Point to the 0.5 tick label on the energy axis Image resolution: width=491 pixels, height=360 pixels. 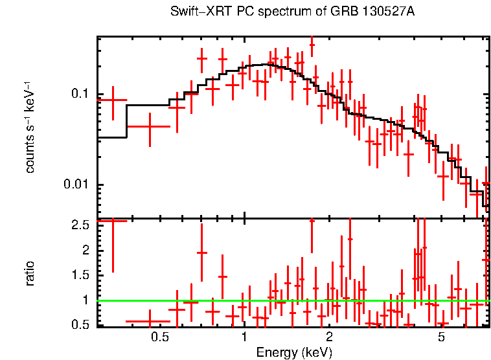pos(159,337)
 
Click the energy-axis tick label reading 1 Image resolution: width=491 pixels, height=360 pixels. pos(244,337)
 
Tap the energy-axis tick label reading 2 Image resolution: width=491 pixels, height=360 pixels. pos(329,337)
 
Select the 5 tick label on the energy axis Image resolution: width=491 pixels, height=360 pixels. pos(441,337)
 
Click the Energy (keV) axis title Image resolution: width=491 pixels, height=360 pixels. pos(294,352)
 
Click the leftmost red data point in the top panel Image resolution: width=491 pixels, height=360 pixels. pos(113,100)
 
